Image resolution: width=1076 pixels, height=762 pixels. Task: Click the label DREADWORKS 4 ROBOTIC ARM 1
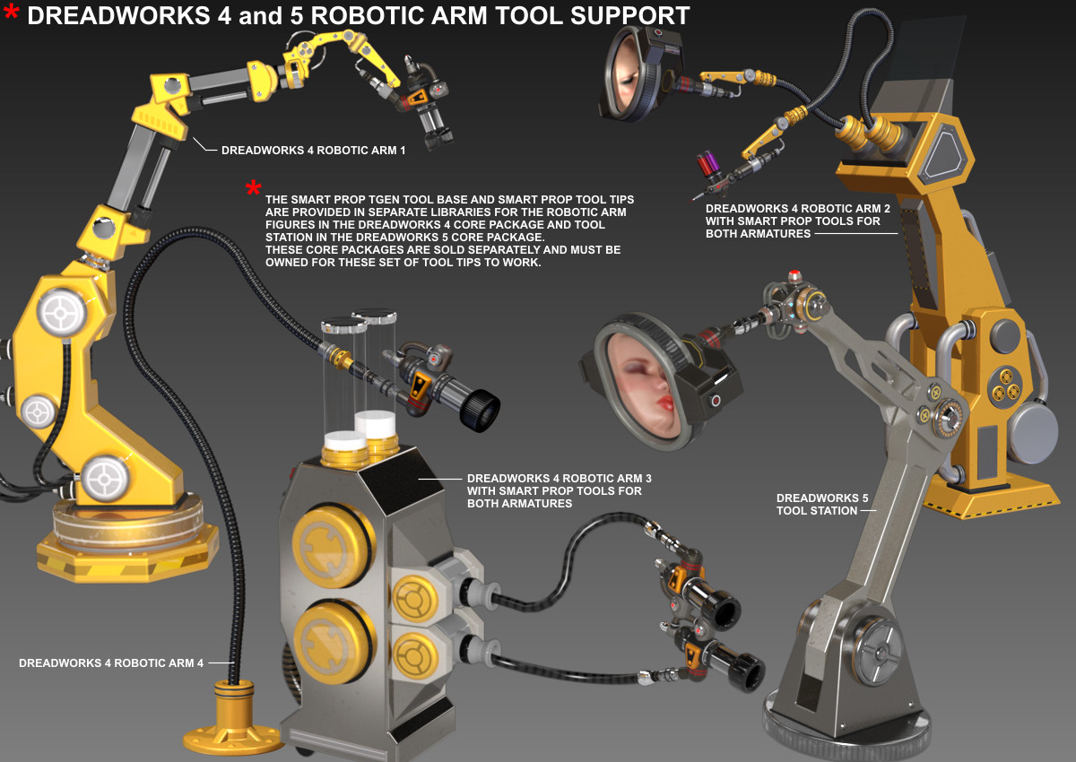[x=313, y=151]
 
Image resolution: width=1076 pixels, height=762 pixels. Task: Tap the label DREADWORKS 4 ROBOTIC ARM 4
[x=111, y=662]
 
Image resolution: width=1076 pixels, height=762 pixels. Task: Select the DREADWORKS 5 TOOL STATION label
[x=822, y=504]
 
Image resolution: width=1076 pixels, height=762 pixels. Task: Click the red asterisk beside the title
[x=11, y=12]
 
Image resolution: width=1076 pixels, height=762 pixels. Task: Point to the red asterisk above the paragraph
[x=253, y=187]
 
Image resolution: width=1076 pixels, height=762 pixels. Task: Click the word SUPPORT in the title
[x=629, y=16]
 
